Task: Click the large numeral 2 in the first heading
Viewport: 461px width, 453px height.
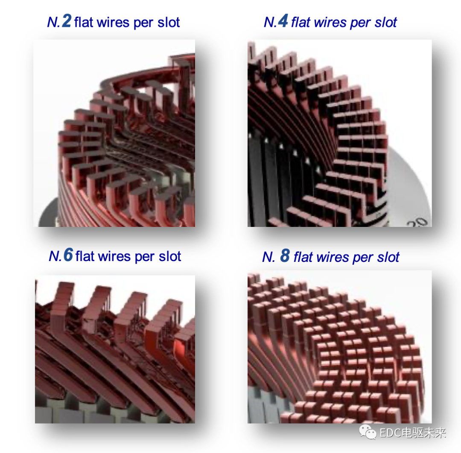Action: tap(67, 21)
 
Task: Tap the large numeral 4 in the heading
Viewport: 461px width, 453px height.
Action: tap(283, 21)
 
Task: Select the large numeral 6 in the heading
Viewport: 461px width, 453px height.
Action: tap(68, 254)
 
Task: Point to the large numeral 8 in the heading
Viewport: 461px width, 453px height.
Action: tap(285, 255)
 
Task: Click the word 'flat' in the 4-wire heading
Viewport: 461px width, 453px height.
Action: tap(301, 22)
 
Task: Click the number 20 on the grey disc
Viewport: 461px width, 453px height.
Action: tap(417, 222)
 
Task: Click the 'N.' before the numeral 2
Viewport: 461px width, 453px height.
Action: tap(54, 22)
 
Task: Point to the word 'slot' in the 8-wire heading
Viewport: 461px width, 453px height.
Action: tap(388, 257)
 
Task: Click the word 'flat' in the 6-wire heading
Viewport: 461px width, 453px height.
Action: tap(85, 256)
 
